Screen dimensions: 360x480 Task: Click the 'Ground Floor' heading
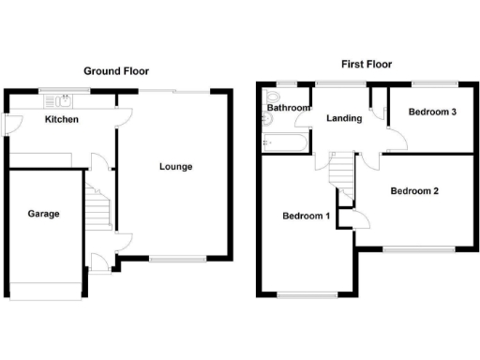pos(116,71)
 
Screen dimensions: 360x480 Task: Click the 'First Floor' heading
pos(366,65)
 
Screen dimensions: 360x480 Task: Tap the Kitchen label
pos(61,120)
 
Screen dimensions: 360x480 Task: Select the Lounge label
pos(175,167)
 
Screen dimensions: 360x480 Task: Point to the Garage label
pos(43,214)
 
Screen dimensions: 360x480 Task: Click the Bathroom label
pos(288,108)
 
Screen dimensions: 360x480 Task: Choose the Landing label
pos(344,119)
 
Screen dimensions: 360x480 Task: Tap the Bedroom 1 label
pos(306,217)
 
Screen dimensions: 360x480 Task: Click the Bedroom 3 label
pos(432,112)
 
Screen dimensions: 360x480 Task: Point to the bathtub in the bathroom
pos(284,143)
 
